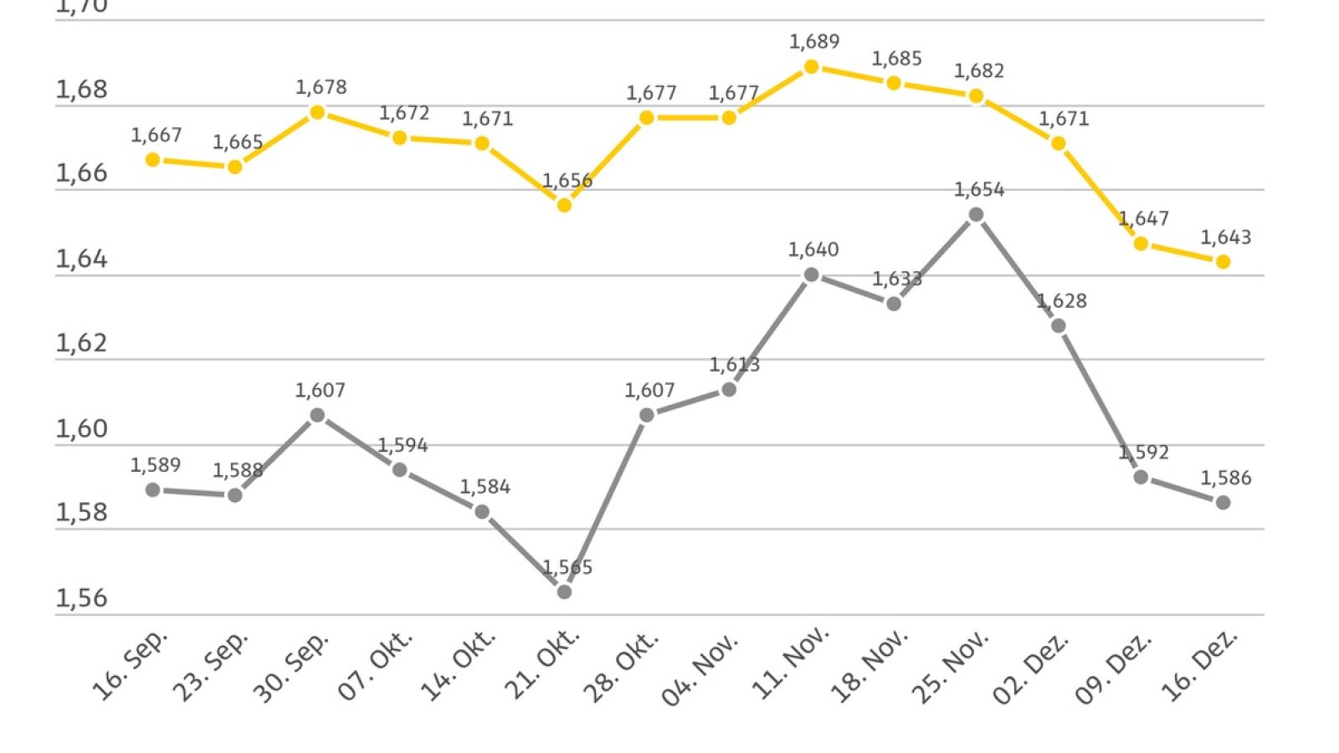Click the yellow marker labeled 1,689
pos(811,67)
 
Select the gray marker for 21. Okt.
pos(564,592)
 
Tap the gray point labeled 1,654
pos(976,215)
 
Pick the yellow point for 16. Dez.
pos(1223,262)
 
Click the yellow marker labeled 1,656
pos(564,205)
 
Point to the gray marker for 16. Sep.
pos(153,489)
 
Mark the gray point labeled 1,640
pos(811,274)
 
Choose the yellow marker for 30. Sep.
pos(317,112)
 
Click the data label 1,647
pos(1143,219)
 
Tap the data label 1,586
pos(1226,478)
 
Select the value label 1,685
pos(896,59)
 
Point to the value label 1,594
pos(403,445)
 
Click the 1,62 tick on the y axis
pos(81,343)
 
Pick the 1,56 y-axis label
pos(81,597)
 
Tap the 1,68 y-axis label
pos(81,90)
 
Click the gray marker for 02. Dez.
pos(1059,325)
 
